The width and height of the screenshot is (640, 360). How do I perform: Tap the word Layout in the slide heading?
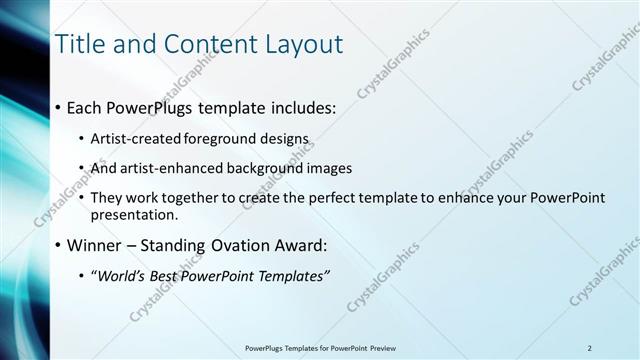pos(303,44)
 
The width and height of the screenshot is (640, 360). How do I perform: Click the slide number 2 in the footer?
pos(590,347)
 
